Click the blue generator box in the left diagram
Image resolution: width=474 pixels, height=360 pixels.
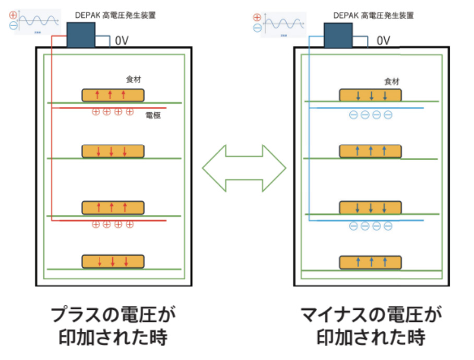pyautogui.click(x=81, y=34)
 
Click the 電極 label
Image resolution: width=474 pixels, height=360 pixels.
pyautogui.click(x=153, y=116)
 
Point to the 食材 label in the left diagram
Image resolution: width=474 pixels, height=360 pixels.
pyautogui.click(x=134, y=80)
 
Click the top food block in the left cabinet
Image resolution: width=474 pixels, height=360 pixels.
pyautogui.click(x=113, y=95)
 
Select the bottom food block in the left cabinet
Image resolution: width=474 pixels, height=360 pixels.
pyautogui.click(x=113, y=261)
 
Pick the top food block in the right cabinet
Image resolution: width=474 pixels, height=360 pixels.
pyautogui.click(x=371, y=95)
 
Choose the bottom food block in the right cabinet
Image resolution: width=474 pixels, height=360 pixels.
pyautogui.click(x=371, y=262)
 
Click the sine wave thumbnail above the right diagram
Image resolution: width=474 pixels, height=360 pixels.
pyautogui.click(x=285, y=25)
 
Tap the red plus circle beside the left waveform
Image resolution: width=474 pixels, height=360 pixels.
pyautogui.click(x=13, y=15)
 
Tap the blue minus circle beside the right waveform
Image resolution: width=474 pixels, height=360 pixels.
pyautogui.click(x=257, y=28)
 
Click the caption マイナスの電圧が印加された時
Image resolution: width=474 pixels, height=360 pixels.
pyautogui.click(x=371, y=326)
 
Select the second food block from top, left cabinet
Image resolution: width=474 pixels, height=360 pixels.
pyautogui.click(x=113, y=151)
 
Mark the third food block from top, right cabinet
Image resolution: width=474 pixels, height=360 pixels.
pyautogui.click(x=371, y=208)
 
